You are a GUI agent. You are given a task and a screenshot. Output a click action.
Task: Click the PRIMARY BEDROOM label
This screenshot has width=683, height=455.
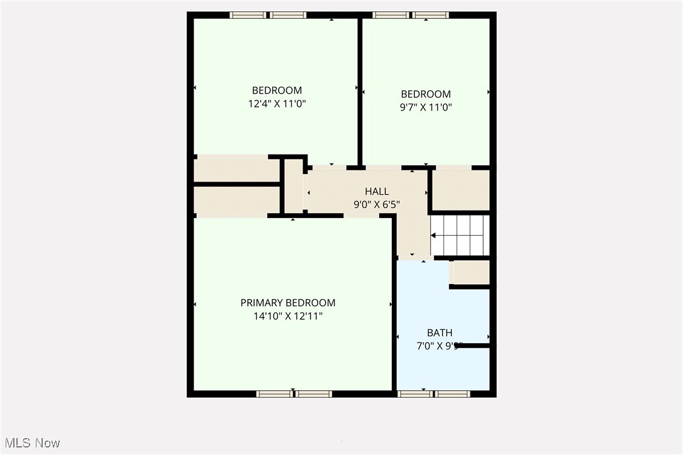[287, 303]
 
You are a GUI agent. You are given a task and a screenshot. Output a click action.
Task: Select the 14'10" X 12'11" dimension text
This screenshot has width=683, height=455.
[287, 317]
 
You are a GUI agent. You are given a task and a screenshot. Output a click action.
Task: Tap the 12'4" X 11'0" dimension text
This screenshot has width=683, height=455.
[277, 104]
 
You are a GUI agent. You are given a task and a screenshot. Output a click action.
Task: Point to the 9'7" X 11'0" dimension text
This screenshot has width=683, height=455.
[426, 107]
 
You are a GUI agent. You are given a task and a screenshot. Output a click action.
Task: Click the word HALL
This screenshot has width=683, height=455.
[377, 191]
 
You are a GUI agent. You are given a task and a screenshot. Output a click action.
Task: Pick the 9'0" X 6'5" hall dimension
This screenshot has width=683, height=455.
[377, 204]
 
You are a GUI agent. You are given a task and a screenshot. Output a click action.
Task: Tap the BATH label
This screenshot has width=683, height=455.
[439, 332]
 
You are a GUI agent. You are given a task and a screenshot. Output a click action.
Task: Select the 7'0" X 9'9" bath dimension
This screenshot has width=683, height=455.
[439, 346]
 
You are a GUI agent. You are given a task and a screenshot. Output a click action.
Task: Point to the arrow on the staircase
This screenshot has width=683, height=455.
[434, 236]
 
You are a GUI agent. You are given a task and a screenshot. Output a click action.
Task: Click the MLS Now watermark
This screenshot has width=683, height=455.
[30, 443]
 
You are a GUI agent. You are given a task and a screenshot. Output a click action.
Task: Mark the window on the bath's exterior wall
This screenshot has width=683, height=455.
[434, 393]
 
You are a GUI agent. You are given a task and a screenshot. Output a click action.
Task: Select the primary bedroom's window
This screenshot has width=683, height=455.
[294, 393]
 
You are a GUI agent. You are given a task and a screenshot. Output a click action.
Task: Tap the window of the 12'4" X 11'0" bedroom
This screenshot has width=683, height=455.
[268, 15]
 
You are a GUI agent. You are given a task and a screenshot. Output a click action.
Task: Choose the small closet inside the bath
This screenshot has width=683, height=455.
[470, 273]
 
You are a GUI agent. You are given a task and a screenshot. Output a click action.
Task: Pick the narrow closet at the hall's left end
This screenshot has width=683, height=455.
[294, 186]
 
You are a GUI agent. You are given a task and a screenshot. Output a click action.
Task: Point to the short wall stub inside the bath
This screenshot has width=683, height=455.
[475, 345]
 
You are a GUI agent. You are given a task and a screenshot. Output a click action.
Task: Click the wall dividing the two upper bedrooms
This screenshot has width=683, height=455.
[360, 91]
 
